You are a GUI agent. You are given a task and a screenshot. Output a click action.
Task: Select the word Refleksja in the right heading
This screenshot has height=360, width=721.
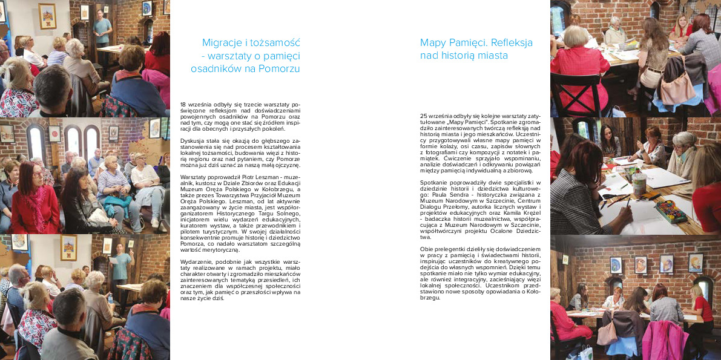coord(511,42)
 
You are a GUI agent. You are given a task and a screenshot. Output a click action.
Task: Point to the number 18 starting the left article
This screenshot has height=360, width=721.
coord(183,105)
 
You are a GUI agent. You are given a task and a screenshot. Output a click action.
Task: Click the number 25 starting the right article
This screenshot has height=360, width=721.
coord(423,115)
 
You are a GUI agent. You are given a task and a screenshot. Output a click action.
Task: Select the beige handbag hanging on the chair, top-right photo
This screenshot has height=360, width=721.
coord(677,88)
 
